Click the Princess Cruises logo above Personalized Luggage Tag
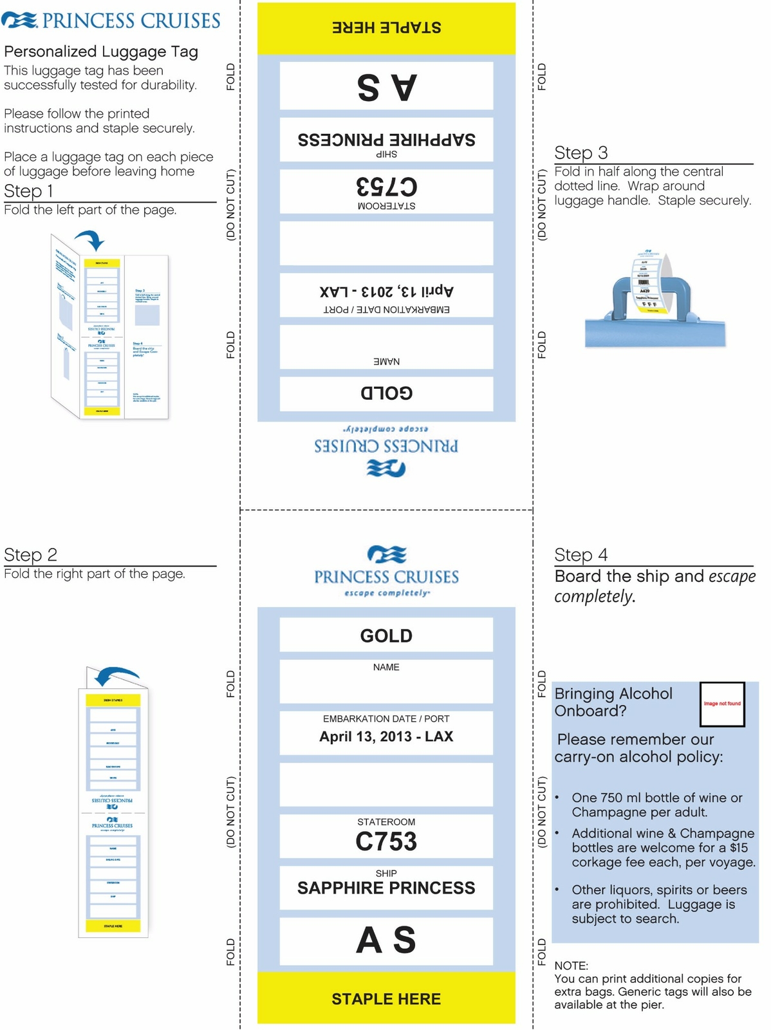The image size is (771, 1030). click(111, 20)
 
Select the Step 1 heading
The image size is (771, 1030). click(28, 191)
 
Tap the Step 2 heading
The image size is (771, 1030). click(30, 555)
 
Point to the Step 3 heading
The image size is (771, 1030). click(581, 153)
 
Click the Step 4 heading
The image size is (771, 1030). click(581, 555)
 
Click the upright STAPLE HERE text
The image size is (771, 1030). click(386, 999)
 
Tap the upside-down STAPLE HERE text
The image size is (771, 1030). click(386, 28)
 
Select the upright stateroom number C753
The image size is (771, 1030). click(386, 841)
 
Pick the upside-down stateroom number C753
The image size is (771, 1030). click(386, 187)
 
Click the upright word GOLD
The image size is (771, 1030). click(386, 636)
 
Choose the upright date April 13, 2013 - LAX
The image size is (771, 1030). click(386, 736)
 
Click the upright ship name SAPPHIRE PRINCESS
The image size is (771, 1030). click(386, 888)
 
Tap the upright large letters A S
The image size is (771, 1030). click(386, 941)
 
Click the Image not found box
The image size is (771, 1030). click(722, 704)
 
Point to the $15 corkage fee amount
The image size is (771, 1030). click(739, 848)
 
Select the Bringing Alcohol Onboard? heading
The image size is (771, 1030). click(613, 702)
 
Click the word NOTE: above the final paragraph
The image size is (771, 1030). click(571, 966)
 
